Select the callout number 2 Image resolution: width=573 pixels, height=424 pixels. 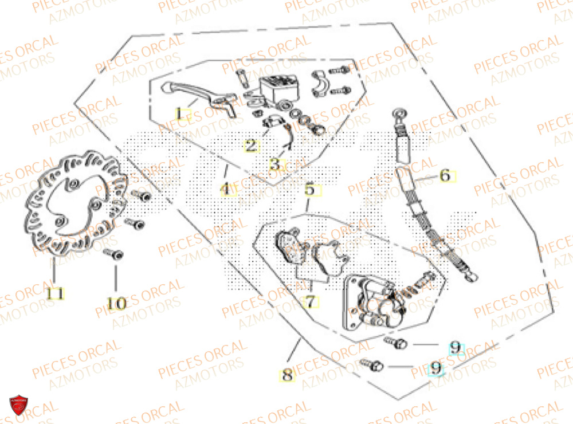coord(251,146)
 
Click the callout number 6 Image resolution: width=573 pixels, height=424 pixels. coord(446,176)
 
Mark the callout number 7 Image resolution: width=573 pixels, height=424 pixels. coord(310,301)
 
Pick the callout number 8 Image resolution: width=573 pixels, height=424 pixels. coord(287,376)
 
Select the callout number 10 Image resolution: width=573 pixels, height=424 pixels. coord(116,303)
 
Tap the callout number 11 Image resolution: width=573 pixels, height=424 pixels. coord(55,294)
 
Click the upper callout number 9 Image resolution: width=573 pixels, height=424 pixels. coord(455,347)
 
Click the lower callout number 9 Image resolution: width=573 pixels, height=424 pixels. coord(437,369)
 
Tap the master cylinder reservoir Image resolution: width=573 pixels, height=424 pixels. coord(276,87)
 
